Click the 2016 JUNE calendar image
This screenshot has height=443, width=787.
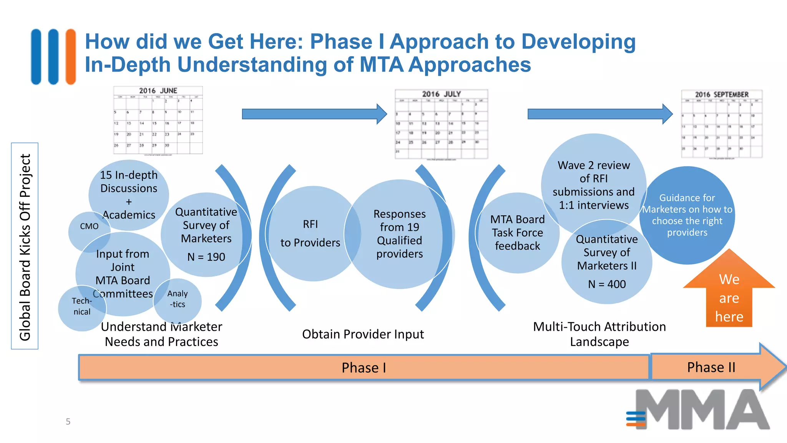[x=158, y=120]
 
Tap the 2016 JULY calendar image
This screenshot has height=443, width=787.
[x=441, y=124]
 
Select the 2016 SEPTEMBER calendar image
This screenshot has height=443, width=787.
[x=722, y=124]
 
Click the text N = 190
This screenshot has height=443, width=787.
[x=206, y=257]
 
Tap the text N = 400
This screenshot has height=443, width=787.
[x=607, y=284]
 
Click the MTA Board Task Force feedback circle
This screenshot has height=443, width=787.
[x=517, y=233]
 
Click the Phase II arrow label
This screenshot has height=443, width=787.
[x=711, y=367]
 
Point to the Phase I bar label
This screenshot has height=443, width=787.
[x=364, y=368]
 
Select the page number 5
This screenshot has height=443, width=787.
[x=68, y=421]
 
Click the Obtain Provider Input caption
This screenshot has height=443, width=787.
[x=363, y=334]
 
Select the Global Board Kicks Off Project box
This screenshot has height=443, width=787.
[x=25, y=246]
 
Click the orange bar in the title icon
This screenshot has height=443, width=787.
[x=71, y=57]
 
